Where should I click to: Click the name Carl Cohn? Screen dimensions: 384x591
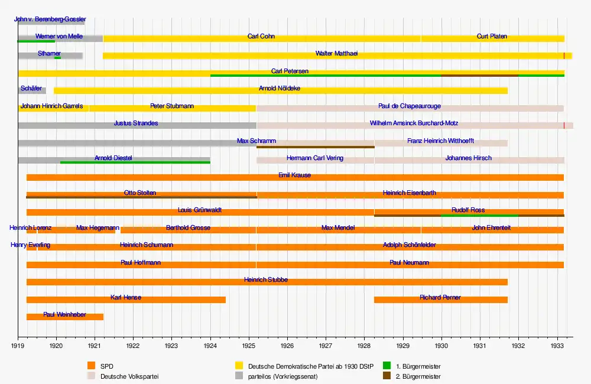[x=261, y=37]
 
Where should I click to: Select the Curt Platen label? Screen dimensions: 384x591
[x=492, y=37]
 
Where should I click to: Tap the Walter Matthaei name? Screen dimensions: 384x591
[x=336, y=54]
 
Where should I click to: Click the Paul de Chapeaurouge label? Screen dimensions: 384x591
[x=410, y=106]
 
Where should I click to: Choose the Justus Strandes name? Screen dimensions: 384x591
[x=136, y=123]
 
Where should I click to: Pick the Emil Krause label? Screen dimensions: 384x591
[x=294, y=175]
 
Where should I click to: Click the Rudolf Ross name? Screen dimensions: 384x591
[x=468, y=210]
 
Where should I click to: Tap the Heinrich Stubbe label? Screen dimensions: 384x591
[x=266, y=279]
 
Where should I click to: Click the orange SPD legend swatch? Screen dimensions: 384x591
[x=90, y=366]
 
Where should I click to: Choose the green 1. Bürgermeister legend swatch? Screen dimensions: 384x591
[x=387, y=366]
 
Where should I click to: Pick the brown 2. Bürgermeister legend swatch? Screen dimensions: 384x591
[x=387, y=376]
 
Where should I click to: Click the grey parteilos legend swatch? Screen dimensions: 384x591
[x=239, y=376]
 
